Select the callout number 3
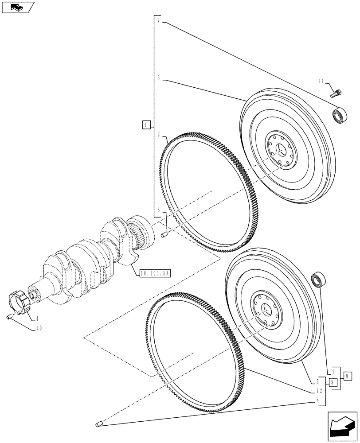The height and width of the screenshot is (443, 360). click(x=158, y=78)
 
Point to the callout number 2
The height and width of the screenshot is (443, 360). click(x=158, y=133)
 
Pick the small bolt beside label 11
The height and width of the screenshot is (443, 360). click(x=336, y=93)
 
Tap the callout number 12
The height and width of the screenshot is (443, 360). click(x=319, y=391)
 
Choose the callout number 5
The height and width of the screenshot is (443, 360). click(x=318, y=381)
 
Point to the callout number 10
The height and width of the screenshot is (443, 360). click(x=39, y=328)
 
